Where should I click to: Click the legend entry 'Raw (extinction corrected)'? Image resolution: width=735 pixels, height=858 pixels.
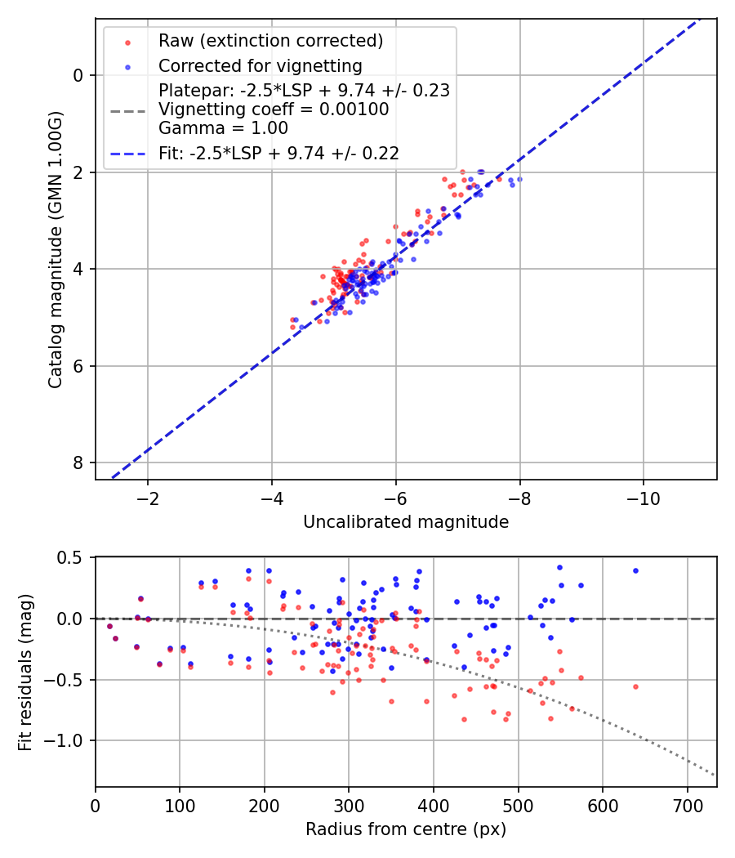pos(270,41)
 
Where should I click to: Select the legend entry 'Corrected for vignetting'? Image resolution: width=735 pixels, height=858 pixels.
pos(260,65)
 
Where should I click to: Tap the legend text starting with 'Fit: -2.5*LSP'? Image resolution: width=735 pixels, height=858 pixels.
pos(278,153)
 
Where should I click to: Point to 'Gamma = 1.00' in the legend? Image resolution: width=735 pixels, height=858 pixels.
pos(223,127)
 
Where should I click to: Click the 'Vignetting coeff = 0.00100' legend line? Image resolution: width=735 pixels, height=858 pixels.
pos(274,109)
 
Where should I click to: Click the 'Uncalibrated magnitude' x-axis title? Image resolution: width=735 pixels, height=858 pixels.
pos(406,522)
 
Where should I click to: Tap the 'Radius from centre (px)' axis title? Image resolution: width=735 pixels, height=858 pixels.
pos(406,829)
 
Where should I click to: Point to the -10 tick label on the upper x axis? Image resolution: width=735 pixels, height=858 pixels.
pos(643,498)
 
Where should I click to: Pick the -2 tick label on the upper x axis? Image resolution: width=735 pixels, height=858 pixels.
pos(148,498)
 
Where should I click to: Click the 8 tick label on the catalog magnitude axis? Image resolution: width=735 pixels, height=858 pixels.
pos(78,463)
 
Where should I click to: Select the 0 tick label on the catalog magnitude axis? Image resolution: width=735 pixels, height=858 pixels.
pos(78,75)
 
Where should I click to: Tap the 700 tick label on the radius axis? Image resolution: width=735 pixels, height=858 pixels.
pos(687,806)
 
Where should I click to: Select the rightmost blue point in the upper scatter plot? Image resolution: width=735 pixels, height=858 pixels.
pos(519,179)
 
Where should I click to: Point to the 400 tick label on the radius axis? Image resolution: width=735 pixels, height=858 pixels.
pos(434,806)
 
